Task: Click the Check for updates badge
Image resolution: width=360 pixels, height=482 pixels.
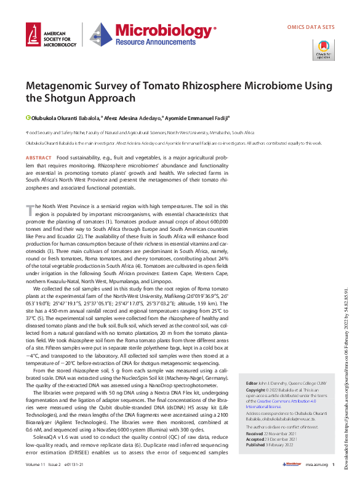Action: coord(324,49)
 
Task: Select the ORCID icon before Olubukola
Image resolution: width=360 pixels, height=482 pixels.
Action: coord(28,117)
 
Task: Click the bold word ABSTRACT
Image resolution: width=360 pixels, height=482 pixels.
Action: coord(38,158)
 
